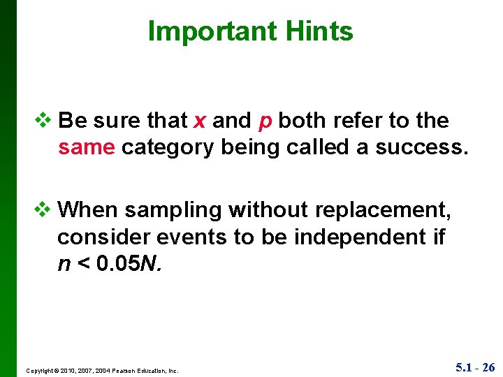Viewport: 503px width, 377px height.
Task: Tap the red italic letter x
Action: point(200,121)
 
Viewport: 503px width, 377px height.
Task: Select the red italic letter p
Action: point(265,122)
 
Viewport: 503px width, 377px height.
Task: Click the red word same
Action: point(87,147)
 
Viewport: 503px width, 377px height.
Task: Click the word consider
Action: point(102,237)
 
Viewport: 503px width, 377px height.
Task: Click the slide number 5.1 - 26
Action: point(475,367)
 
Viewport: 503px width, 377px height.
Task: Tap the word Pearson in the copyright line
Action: point(117,371)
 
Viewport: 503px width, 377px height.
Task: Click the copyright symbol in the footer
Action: point(55,371)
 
